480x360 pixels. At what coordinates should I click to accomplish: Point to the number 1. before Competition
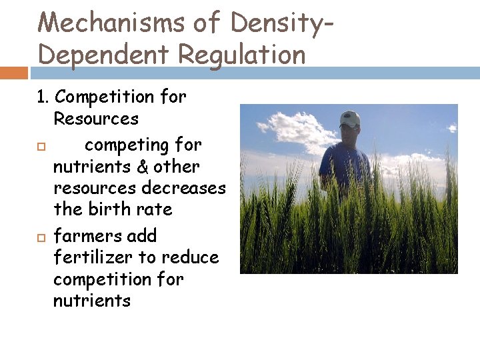43,97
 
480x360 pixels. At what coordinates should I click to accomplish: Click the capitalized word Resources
96,119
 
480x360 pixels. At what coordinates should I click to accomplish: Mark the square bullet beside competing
40,146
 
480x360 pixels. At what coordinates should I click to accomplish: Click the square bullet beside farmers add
40,237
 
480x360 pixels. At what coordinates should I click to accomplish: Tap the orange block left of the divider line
13,72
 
